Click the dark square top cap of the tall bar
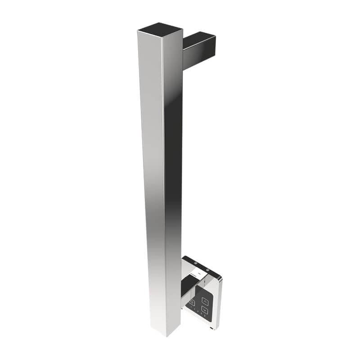[160, 28]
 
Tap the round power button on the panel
[192, 303]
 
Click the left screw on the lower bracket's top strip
[195, 263]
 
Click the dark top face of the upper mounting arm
[198, 40]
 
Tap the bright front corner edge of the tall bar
[163, 180]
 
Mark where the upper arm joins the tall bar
[183, 54]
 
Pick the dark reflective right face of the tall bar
[173, 157]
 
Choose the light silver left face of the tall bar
[151, 180]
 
